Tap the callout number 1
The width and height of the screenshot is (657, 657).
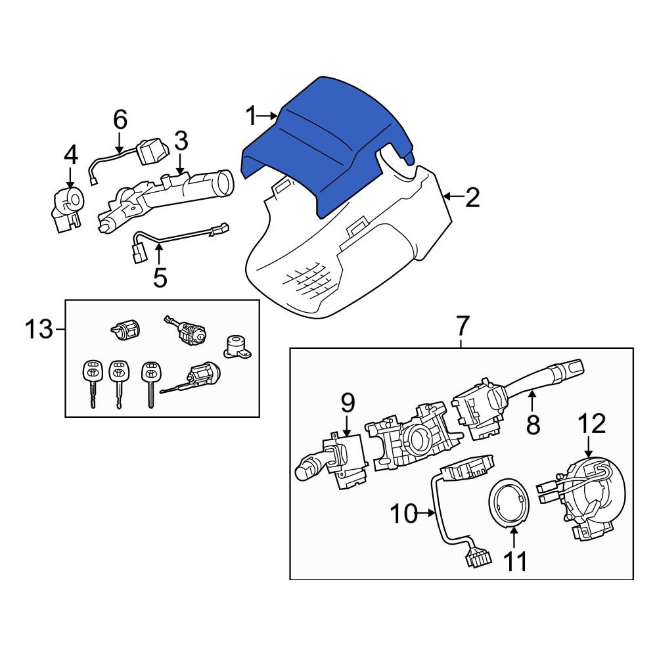(x=251, y=116)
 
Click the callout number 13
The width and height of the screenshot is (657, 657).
(x=39, y=329)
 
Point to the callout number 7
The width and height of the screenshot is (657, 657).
(x=462, y=326)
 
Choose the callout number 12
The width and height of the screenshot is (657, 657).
(x=593, y=423)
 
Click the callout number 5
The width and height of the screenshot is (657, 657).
(x=160, y=277)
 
